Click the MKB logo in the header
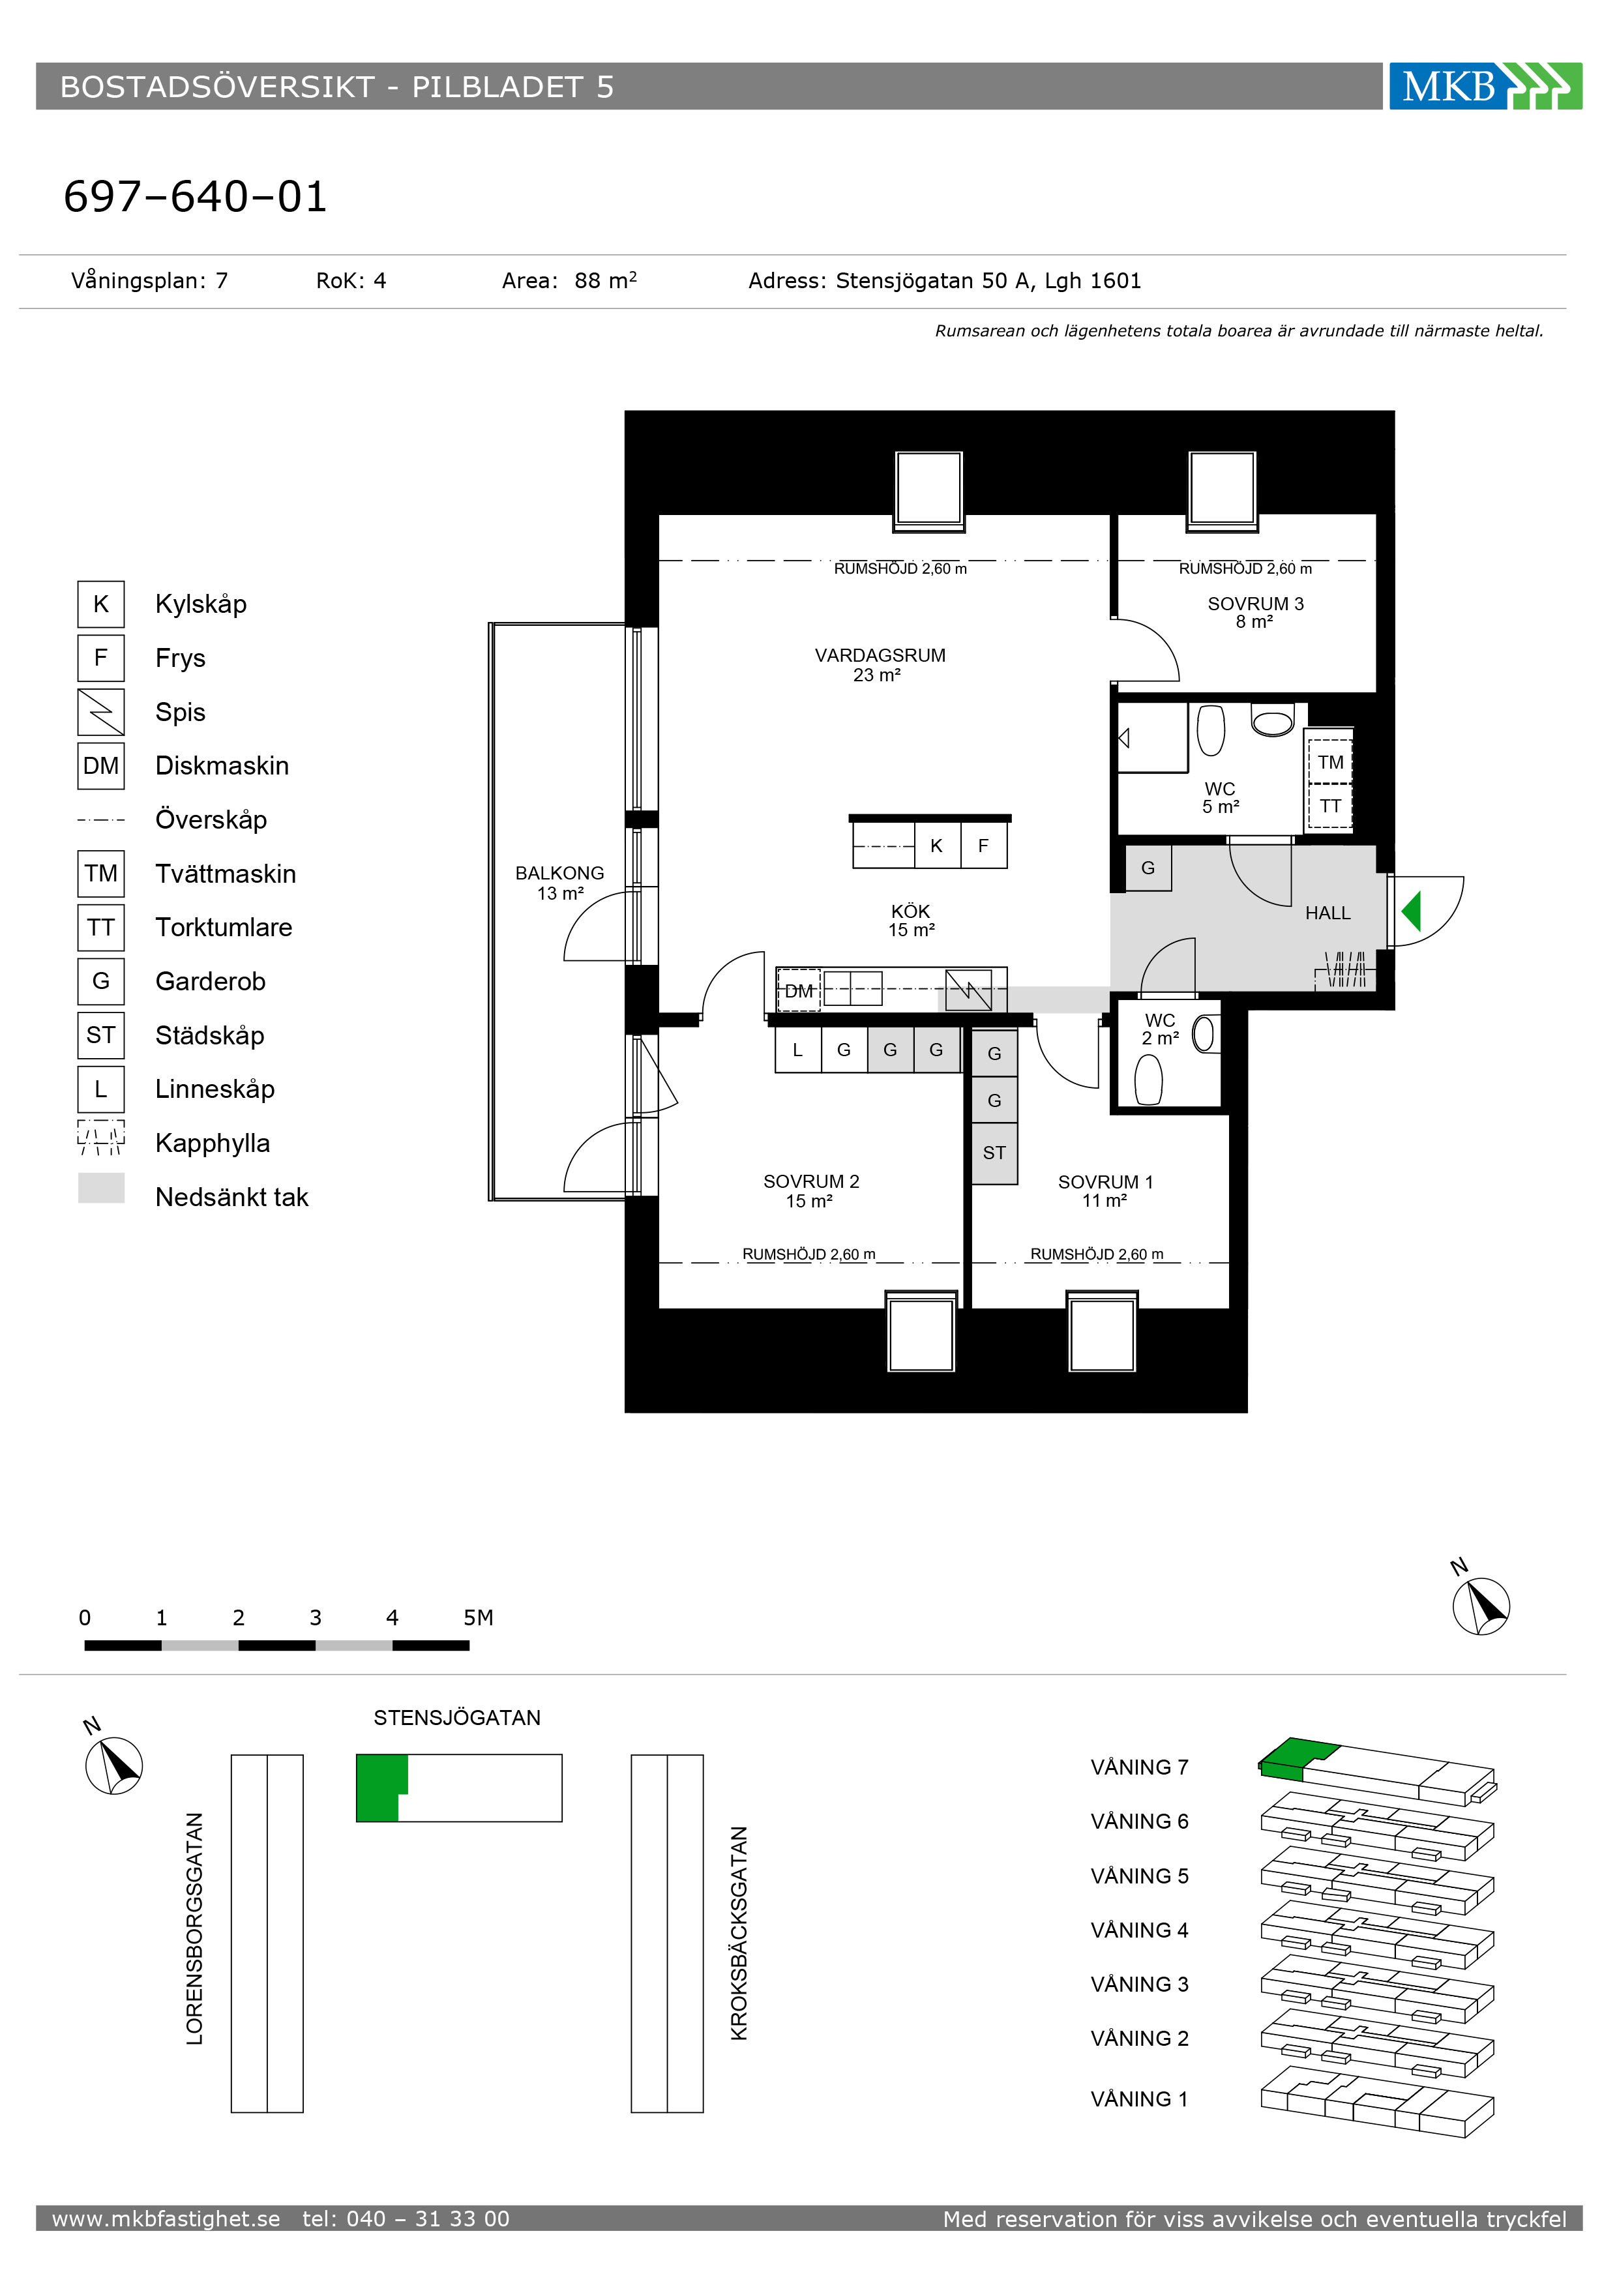1485,87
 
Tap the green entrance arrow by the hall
1412,911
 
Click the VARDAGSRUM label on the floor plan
880,664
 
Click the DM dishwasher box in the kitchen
798,990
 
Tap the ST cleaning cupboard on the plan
994,1153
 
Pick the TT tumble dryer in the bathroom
1330,806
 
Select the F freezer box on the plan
983,846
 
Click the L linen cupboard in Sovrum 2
797,1050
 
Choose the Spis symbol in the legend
100,712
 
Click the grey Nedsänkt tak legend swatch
100,1187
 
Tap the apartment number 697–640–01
195,196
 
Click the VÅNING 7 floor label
1139,1767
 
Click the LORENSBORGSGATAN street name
194,1928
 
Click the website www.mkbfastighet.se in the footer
166,2219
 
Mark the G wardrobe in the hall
1148,868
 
